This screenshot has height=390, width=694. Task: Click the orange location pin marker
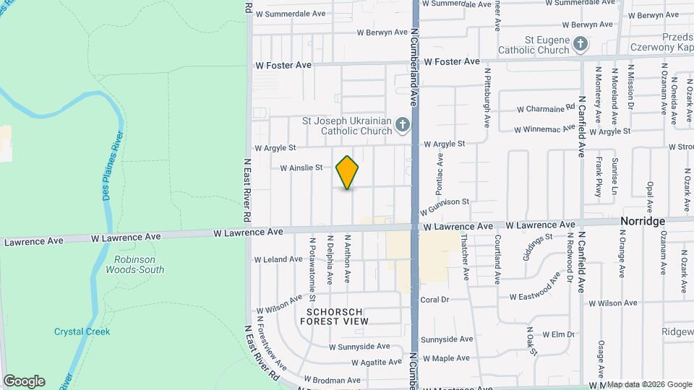(x=348, y=173)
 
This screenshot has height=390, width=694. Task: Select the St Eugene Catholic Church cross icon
(x=580, y=45)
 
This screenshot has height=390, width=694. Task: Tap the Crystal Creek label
(x=82, y=331)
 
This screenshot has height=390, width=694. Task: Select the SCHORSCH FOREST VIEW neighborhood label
(x=334, y=316)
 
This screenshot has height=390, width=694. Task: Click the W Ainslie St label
(x=301, y=168)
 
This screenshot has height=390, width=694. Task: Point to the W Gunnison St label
(x=445, y=206)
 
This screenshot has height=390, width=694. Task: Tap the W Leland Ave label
(x=278, y=259)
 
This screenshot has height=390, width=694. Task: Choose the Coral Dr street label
(x=434, y=299)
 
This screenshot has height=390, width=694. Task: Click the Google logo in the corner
(x=24, y=381)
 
